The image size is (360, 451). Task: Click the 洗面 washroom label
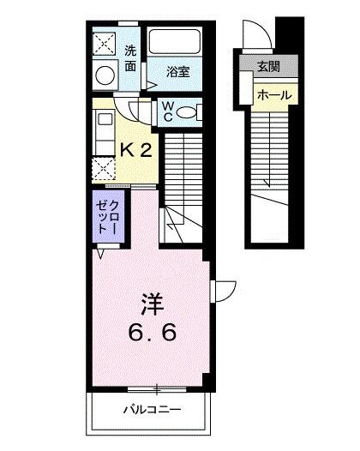(130, 57)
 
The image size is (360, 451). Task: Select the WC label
(168, 112)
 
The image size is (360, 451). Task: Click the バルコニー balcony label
(150, 410)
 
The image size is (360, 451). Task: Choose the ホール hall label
(273, 95)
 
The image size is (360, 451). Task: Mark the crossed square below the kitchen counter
(105, 168)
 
